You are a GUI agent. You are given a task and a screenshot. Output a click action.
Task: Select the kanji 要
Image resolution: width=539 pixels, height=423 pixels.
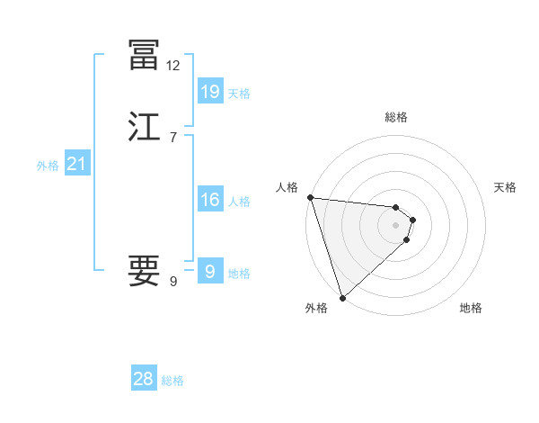point(145,269)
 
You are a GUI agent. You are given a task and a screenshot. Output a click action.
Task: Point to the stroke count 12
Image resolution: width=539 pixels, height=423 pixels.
point(172,66)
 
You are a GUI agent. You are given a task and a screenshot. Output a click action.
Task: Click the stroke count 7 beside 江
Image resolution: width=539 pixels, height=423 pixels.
point(172,138)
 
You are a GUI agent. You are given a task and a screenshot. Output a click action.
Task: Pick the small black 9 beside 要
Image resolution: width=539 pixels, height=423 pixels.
point(172,282)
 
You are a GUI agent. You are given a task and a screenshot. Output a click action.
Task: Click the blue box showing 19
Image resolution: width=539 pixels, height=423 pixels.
point(209,91)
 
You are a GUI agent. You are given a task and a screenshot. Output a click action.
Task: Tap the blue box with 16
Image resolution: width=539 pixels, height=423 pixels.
point(209,200)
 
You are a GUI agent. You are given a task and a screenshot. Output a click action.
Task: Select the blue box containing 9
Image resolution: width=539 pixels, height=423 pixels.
point(209,272)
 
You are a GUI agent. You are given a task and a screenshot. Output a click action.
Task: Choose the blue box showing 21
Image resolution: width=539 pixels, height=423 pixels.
point(76,164)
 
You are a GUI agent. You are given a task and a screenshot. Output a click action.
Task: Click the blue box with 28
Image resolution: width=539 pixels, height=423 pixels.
point(143,379)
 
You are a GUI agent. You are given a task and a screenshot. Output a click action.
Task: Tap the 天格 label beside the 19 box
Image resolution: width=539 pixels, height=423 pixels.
point(239,93)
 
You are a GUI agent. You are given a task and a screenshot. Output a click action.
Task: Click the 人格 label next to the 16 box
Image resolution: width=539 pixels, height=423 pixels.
point(239,202)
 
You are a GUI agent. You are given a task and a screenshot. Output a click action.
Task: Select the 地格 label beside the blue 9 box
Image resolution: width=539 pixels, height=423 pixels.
point(239,274)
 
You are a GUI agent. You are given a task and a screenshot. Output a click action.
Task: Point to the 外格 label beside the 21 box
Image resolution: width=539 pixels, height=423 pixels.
point(48,166)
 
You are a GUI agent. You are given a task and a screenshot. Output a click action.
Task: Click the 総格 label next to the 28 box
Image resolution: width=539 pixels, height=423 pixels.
point(172,381)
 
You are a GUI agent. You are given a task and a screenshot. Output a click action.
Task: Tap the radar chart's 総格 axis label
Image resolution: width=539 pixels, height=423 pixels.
point(396,117)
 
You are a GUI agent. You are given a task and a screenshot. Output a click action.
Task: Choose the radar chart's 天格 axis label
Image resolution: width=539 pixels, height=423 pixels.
point(505,187)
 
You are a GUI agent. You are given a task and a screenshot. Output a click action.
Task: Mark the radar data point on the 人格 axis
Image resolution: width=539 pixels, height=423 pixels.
point(310,197)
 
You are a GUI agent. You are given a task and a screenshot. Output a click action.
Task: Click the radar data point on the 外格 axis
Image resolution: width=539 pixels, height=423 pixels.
point(342,297)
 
